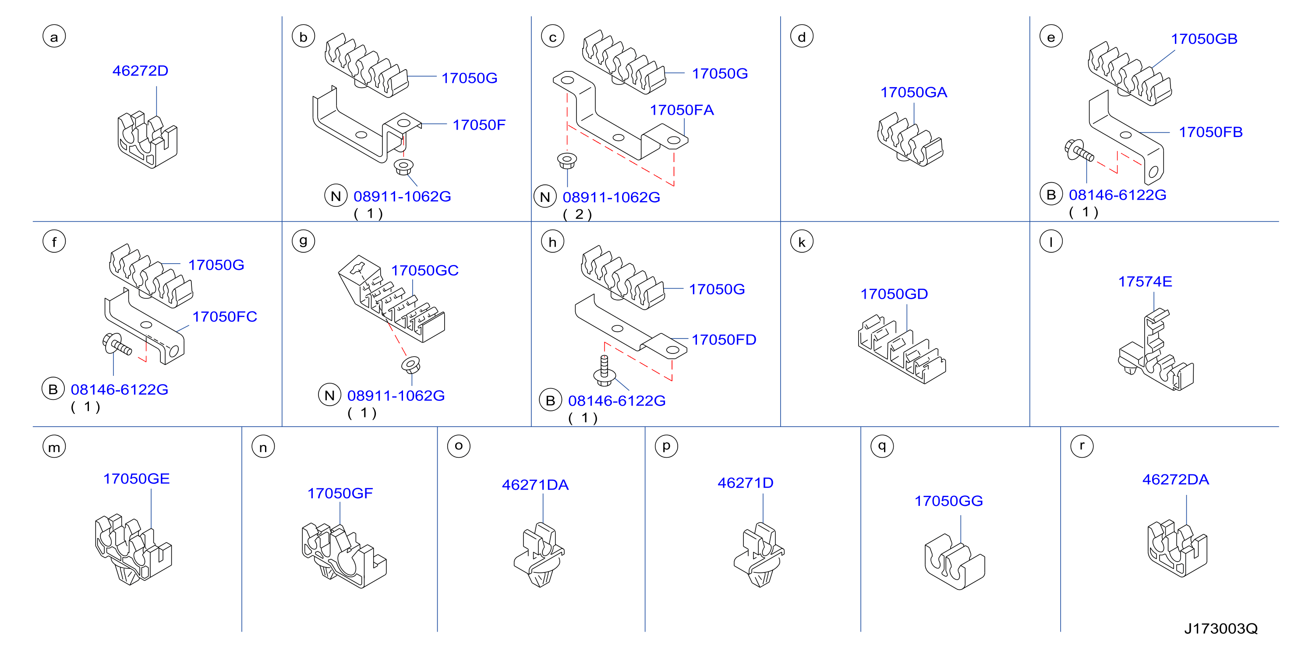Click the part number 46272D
click(x=140, y=71)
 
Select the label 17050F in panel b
click(x=479, y=125)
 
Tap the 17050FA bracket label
click(x=682, y=110)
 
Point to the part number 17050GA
click(x=914, y=92)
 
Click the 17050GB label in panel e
click(x=1204, y=39)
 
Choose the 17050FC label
click(x=225, y=317)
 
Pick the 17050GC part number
click(x=425, y=271)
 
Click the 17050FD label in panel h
click(x=724, y=340)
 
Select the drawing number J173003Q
click(x=1221, y=629)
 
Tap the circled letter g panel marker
click(x=304, y=241)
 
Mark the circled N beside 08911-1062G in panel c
click(x=545, y=197)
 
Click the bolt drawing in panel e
click(x=1079, y=150)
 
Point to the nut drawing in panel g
click(x=410, y=365)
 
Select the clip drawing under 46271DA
click(x=539, y=555)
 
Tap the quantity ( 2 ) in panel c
click(x=577, y=215)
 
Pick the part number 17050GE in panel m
click(x=137, y=479)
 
